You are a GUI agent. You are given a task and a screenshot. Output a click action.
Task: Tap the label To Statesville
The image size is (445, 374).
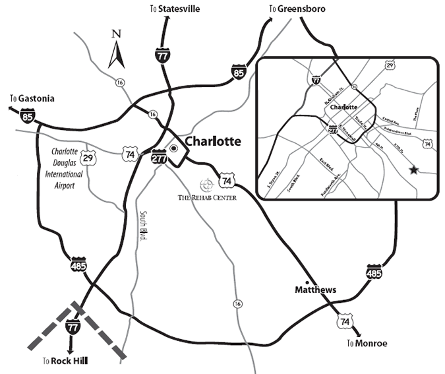coord(175,8)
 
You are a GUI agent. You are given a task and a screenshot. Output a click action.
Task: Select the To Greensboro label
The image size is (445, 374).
coord(297,9)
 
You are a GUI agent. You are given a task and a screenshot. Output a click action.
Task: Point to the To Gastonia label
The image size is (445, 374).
coord(32,99)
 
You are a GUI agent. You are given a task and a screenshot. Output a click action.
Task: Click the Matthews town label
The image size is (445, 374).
coord(315,290)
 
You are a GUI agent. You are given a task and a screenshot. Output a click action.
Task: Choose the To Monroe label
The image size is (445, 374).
coord(367,343)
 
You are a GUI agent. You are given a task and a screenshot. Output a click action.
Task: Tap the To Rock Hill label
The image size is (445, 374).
coord(65,361)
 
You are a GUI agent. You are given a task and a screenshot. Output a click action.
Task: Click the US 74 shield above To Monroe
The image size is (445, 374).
coord(344,321)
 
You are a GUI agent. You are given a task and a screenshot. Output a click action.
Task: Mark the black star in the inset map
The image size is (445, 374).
coord(413,170)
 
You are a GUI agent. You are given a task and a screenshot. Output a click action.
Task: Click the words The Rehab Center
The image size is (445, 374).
coord(206,197)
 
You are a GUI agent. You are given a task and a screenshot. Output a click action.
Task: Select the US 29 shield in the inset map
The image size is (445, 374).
coord(390,67)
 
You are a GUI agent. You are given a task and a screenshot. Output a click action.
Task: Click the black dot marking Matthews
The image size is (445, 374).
coord(308,282)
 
